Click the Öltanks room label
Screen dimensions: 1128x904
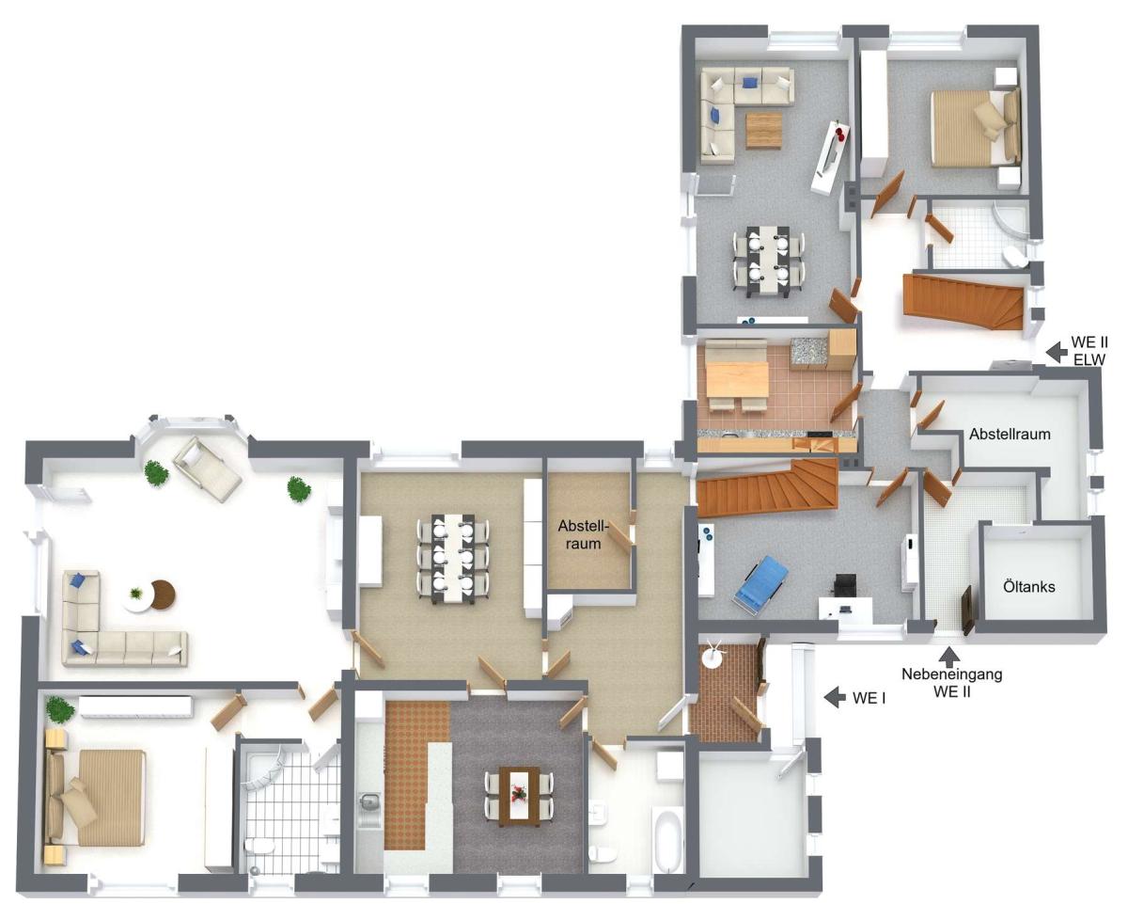tap(1029, 587)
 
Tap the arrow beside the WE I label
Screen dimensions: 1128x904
tap(835, 697)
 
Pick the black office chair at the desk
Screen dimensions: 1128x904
tap(844, 585)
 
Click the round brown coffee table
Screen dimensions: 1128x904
tap(164, 594)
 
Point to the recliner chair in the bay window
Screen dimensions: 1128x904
tap(207, 468)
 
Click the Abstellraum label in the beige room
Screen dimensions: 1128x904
tap(584, 534)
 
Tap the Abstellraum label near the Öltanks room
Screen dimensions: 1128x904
tap(1010, 434)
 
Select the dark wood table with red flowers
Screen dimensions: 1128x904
tap(519, 796)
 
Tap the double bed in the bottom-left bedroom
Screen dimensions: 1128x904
tap(95, 798)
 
